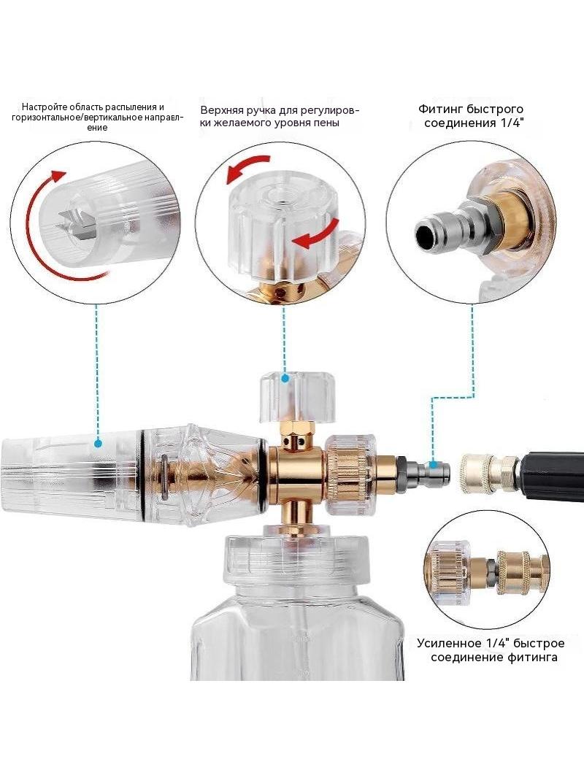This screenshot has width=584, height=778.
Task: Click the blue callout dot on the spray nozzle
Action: click(x=98, y=442)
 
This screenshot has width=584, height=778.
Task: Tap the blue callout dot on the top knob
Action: click(x=285, y=379)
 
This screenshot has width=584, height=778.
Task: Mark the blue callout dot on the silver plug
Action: click(x=434, y=466)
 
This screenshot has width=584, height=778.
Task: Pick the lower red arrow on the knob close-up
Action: click(x=315, y=234)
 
